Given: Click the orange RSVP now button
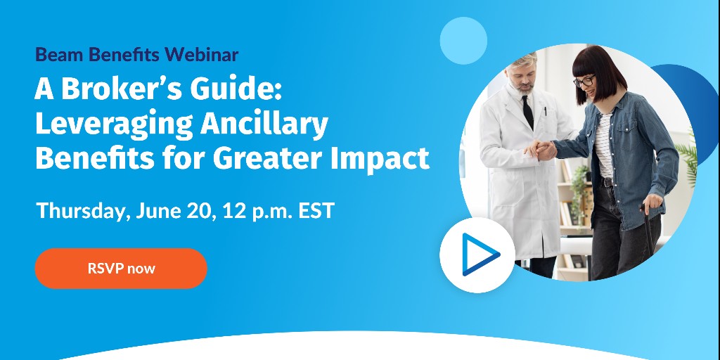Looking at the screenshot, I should (x=121, y=268).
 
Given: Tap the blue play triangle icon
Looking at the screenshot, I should (x=480, y=253).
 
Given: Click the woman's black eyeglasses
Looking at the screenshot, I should (x=584, y=81).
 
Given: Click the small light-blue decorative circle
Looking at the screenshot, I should (x=463, y=41).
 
